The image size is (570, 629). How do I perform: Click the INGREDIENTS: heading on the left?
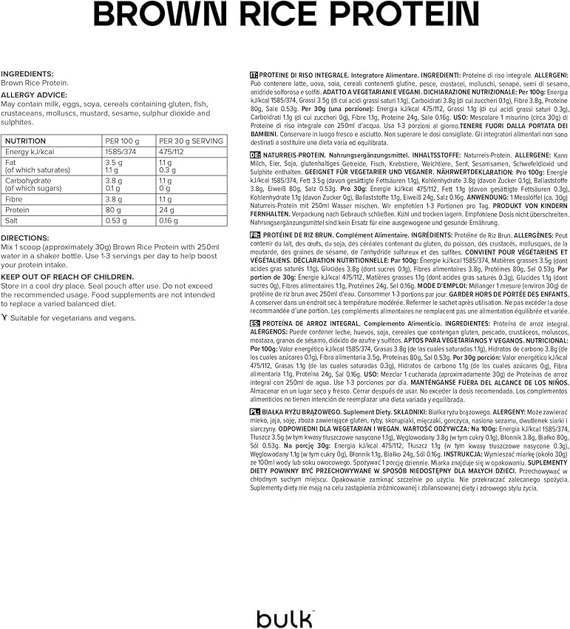click(x=27, y=74)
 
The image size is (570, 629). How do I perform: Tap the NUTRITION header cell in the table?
click(x=26, y=141)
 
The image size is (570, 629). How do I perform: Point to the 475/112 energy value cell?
click(x=172, y=151)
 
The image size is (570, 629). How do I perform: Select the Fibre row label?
click(x=14, y=199)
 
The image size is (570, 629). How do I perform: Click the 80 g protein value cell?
click(x=114, y=209)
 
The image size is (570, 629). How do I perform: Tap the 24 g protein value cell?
click(x=166, y=209)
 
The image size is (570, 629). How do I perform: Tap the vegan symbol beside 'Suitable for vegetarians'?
click(x=4, y=318)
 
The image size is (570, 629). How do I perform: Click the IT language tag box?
click(x=254, y=75)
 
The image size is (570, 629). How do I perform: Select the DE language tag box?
click(x=255, y=155)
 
